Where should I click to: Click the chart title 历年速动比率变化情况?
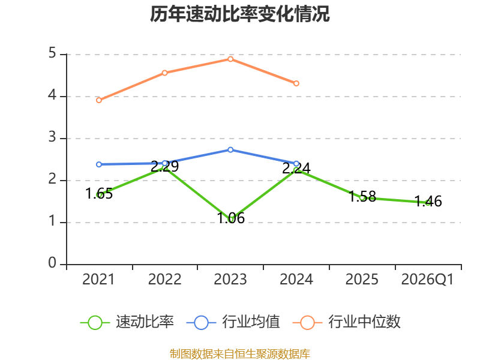(x=239, y=14)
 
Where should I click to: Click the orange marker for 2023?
(x=230, y=59)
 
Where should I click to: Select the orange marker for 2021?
(x=99, y=100)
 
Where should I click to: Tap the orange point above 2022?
(x=164, y=73)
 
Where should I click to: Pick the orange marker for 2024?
(x=296, y=83)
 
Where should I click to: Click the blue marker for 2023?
(x=230, y=149)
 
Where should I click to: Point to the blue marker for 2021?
(x=99, y=164)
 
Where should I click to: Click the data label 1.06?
(x=230, y=218)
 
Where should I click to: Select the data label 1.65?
(x=99, y=194)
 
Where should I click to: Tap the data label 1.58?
(x=362, y=197)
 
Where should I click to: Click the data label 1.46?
(x=428, y=202)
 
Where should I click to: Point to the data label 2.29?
(x=164, y=167)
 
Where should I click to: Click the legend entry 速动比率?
(x=127, y=322)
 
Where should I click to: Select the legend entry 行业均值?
(x=233, y=322)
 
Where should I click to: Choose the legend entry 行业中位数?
(x=347, y=322)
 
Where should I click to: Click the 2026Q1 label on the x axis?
(x=427, y=280)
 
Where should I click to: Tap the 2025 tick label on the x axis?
(x=362, y=280)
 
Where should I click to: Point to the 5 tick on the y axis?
(x=52, y=53)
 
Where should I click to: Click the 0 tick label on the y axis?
(x=52, y=263)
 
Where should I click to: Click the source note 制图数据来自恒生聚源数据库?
(x=239, y=354)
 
